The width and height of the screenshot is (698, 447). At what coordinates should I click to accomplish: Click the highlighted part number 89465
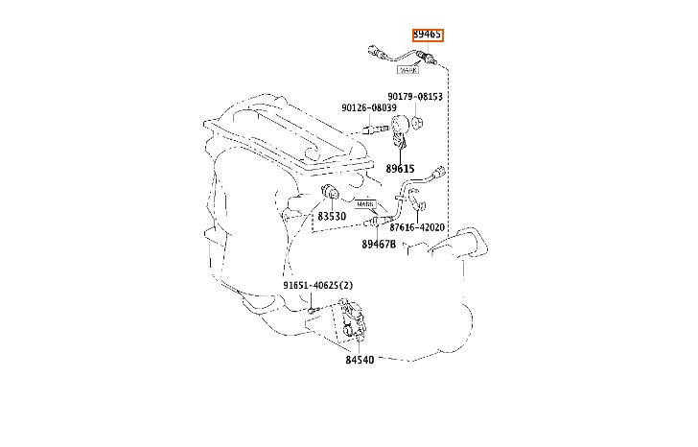coord(427,35)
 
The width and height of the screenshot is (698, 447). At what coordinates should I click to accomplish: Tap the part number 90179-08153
coord(415,97)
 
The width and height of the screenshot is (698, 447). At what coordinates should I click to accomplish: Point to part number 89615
coord(401,168)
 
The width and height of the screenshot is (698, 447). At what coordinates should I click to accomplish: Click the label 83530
coord(332,217)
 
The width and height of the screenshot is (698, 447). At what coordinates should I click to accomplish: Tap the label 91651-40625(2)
coord(317,286)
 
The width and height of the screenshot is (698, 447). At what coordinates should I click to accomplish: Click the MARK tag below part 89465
coord(407,68)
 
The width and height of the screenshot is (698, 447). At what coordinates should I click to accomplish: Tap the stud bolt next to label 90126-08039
coord(377,127)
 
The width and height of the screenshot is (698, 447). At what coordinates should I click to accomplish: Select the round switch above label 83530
coord(331,195)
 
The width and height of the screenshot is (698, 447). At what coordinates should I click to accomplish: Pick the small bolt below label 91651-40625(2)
coord(314,309)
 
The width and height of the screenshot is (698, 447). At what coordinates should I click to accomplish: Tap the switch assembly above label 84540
coord(354,321)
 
